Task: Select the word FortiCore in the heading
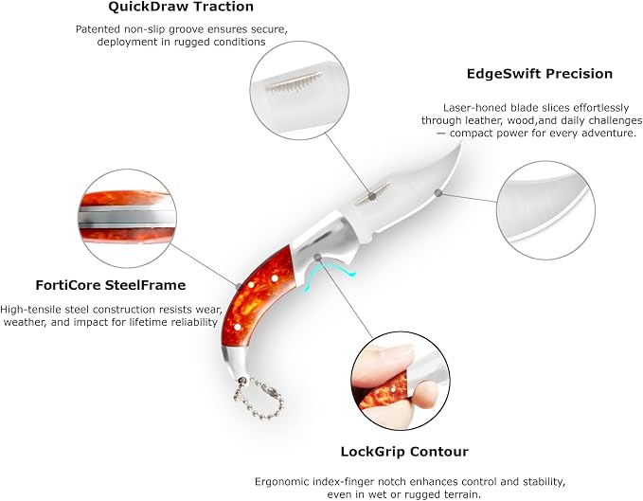click(68, 285)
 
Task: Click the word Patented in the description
click(98, 29)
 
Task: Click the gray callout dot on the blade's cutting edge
click(438, 192)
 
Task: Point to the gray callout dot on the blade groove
click(372, 196)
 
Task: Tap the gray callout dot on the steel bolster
click(317, 257)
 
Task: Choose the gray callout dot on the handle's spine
click(239, 285)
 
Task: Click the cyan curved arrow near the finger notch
click(326, 277)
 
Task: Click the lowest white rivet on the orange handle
click(237, 328)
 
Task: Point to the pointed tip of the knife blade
click(461, 143)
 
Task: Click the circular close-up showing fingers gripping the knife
click(401, 381)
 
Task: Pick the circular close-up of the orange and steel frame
click(127, 219)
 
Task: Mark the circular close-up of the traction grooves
click(299, 90)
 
